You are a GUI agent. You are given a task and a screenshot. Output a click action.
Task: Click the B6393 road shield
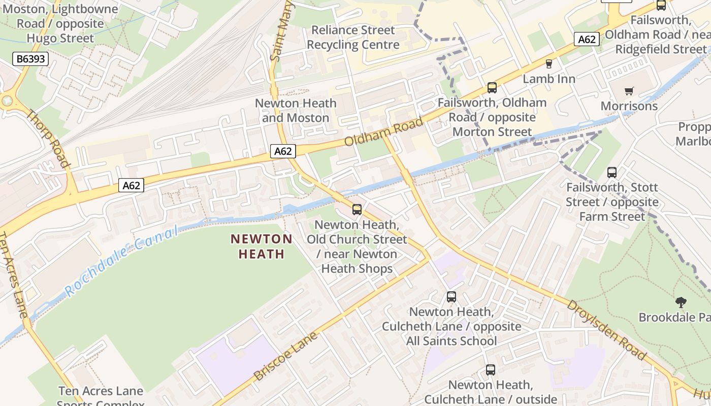click(x=30, y=59)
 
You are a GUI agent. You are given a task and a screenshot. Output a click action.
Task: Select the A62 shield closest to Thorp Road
click(x=131, y=185)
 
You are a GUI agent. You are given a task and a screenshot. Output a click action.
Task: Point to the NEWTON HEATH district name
click(x=262, y=246)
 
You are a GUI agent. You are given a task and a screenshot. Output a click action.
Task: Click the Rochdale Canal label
click(x=122, y=261)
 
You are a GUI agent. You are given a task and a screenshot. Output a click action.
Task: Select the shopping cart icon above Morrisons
click(x=629, y=91)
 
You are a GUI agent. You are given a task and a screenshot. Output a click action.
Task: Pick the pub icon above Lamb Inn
click(x=548, y=64)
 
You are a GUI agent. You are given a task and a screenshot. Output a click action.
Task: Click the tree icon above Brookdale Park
click(x=681, y=302)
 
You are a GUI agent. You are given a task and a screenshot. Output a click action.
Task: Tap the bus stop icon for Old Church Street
click(x=357, y=209)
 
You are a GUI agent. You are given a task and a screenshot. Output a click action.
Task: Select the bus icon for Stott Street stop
click(x=612, y=173)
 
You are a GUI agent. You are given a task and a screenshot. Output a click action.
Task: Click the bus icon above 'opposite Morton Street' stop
click(x=492, y=88)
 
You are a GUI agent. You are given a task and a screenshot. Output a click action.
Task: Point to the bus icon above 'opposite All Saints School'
click(x=451, y=297)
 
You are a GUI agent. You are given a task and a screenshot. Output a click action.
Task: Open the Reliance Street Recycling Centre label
click(x=353, y=38)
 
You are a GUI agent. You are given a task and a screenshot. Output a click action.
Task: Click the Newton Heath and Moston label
click(x=296, y=111)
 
